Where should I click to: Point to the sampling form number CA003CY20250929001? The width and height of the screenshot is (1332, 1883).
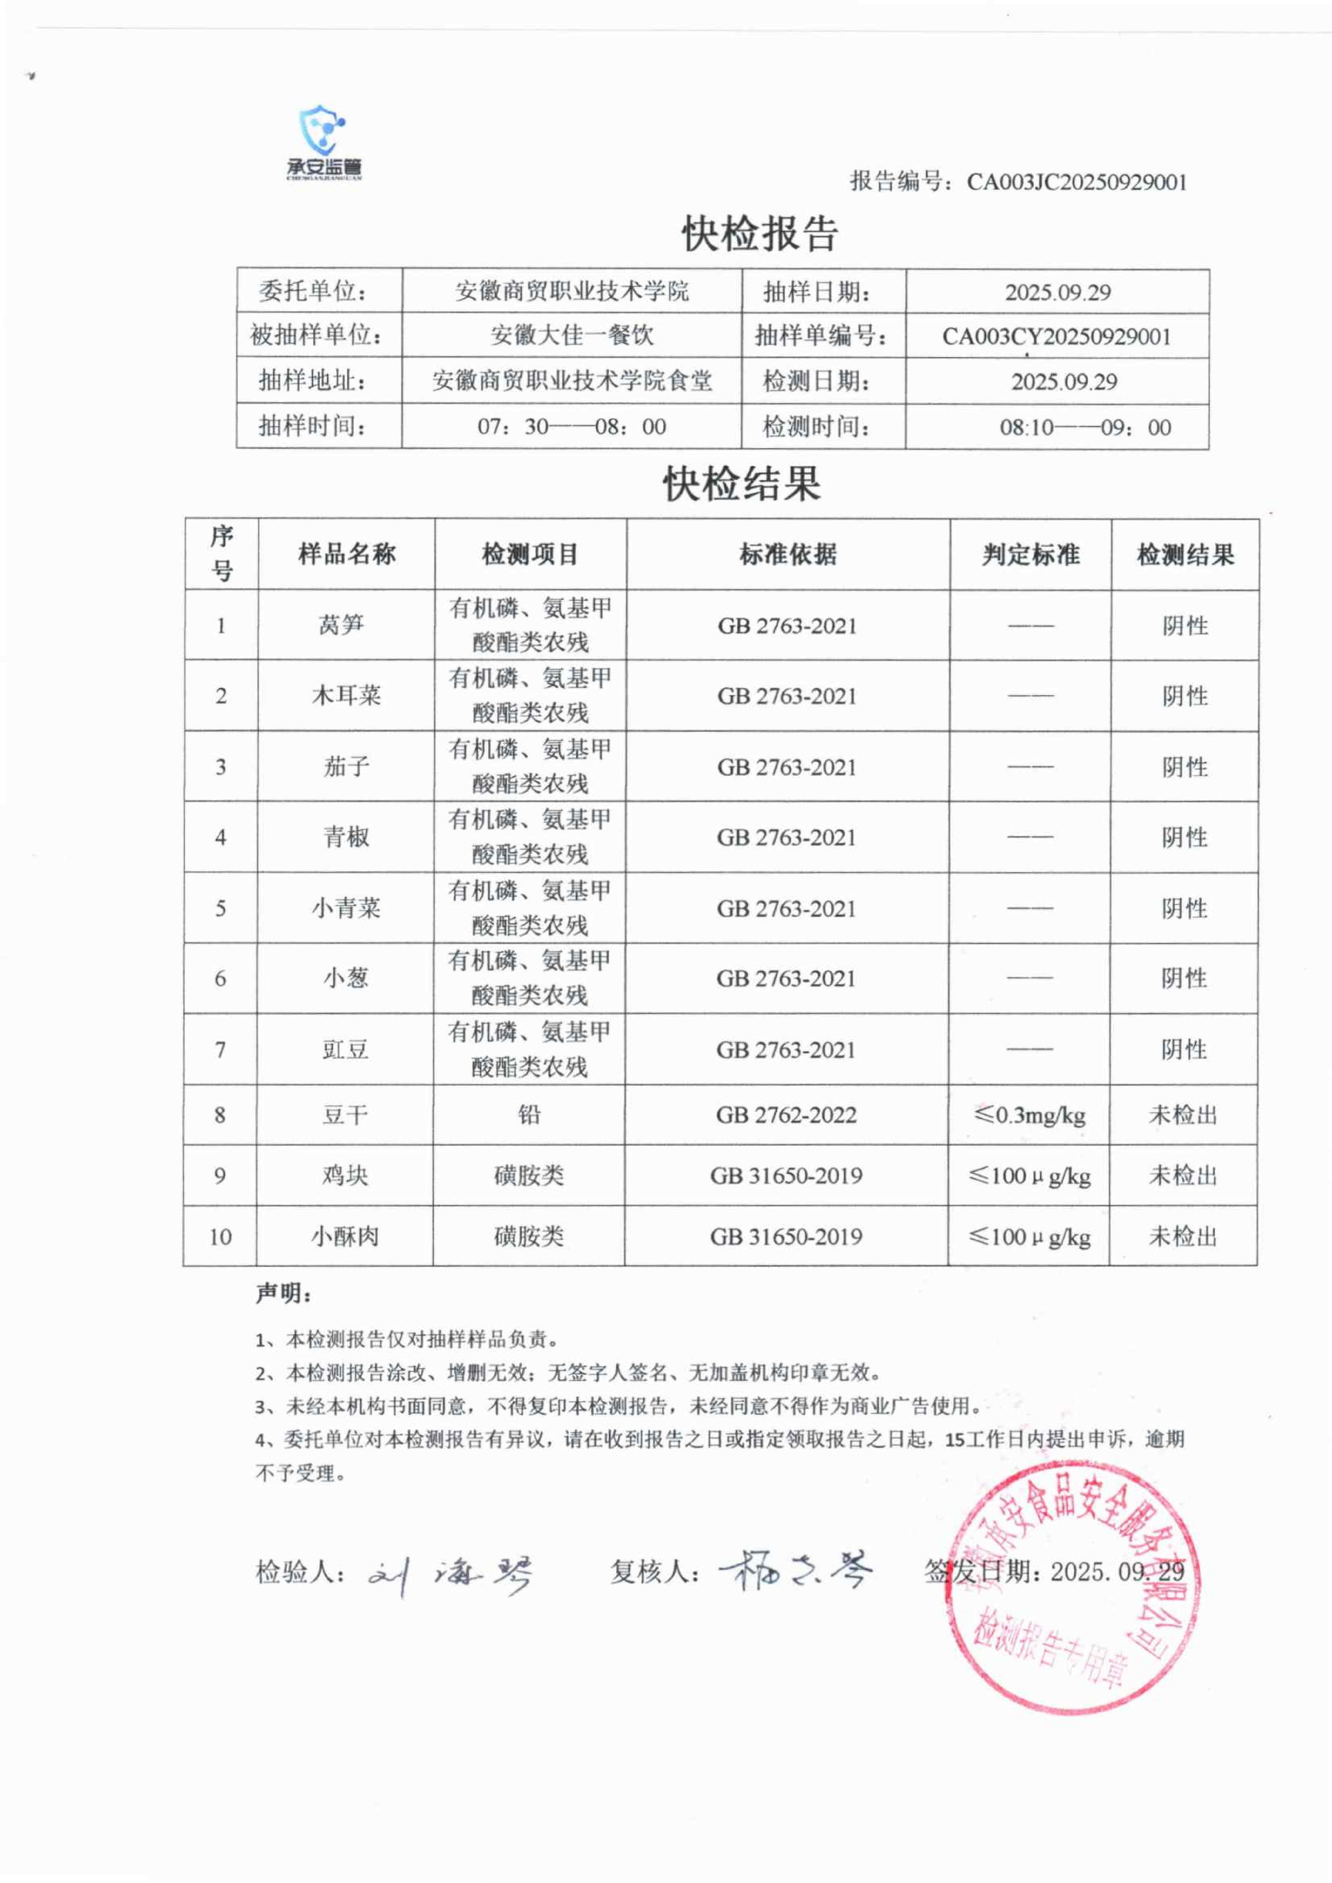coord(1056,336)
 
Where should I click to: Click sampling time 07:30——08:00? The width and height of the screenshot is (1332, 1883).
coord(572,427)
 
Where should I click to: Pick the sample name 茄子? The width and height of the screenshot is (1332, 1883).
coord(346,767)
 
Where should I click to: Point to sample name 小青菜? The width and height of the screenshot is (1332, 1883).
coord(345,908)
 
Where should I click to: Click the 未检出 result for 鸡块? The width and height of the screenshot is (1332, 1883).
coord(1183,1175)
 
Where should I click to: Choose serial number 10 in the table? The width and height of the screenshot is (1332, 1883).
coord(220,1236)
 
